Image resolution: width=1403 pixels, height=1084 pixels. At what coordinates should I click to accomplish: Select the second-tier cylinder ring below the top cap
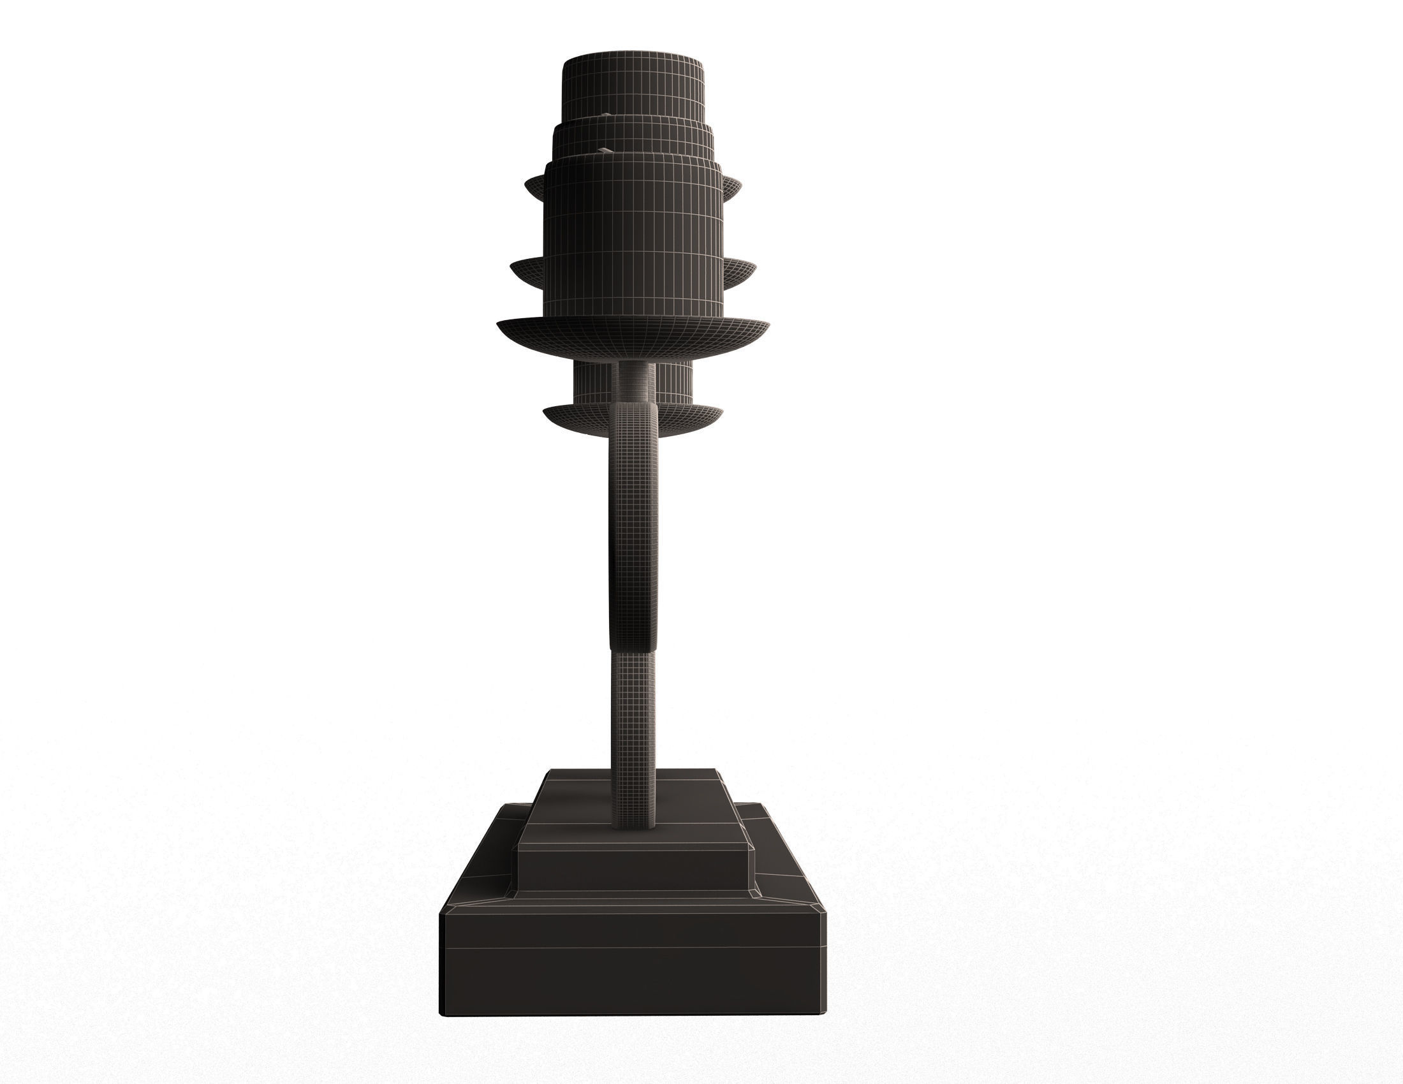click(633, 140)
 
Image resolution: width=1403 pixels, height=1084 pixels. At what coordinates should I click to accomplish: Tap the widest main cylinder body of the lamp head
click(633, 238)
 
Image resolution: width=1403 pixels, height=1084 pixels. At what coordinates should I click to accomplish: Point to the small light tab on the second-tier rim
click(606, 115)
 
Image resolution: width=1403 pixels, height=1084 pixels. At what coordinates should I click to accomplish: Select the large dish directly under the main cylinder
click(633, 337)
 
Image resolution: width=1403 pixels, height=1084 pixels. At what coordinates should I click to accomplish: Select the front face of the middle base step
click(633, 870)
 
